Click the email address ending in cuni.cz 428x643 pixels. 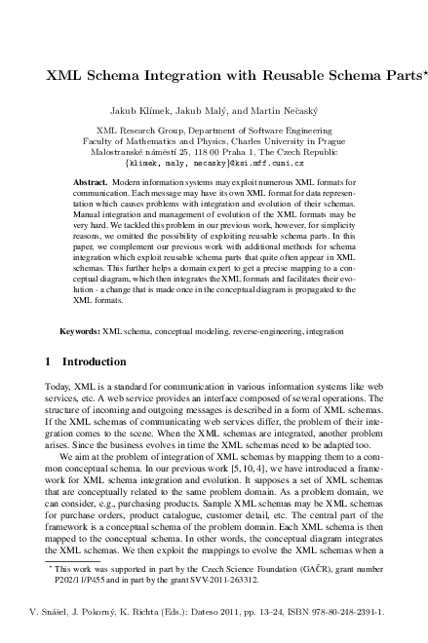(x=214, y=167)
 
